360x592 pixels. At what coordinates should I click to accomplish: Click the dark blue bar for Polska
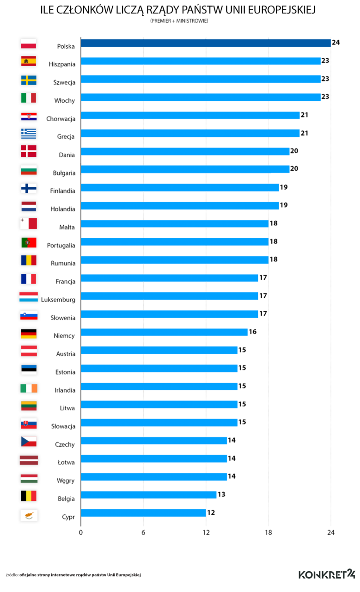[x=206, y=43]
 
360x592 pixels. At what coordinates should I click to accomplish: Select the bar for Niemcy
[x=164, y=332]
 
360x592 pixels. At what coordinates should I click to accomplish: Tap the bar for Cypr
[x=143, y=512]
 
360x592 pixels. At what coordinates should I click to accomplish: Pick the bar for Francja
[x=169, y=278]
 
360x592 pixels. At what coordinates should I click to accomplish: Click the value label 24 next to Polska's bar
[x=336, y=43]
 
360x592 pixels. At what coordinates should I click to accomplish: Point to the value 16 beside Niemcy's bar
[x=252, y=332]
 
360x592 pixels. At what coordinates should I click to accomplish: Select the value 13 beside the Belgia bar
[x=221, y=494]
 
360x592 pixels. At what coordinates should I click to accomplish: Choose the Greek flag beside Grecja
[x=29, y=134]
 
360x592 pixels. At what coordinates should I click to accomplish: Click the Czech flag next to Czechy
[x=29, y=442]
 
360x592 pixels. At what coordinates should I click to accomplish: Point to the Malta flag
[x=29, y=224]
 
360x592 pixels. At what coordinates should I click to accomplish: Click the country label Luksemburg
[x=58, y=300]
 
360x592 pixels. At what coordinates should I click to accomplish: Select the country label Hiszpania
[x=62, y=64]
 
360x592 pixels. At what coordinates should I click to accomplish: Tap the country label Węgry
[x=65, y=481]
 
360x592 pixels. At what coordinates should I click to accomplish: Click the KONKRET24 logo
[x=327, y=574]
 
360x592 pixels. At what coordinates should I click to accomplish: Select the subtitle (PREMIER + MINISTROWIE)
[x=179, y=21]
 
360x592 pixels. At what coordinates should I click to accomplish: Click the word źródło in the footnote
[x=12, y=575]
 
